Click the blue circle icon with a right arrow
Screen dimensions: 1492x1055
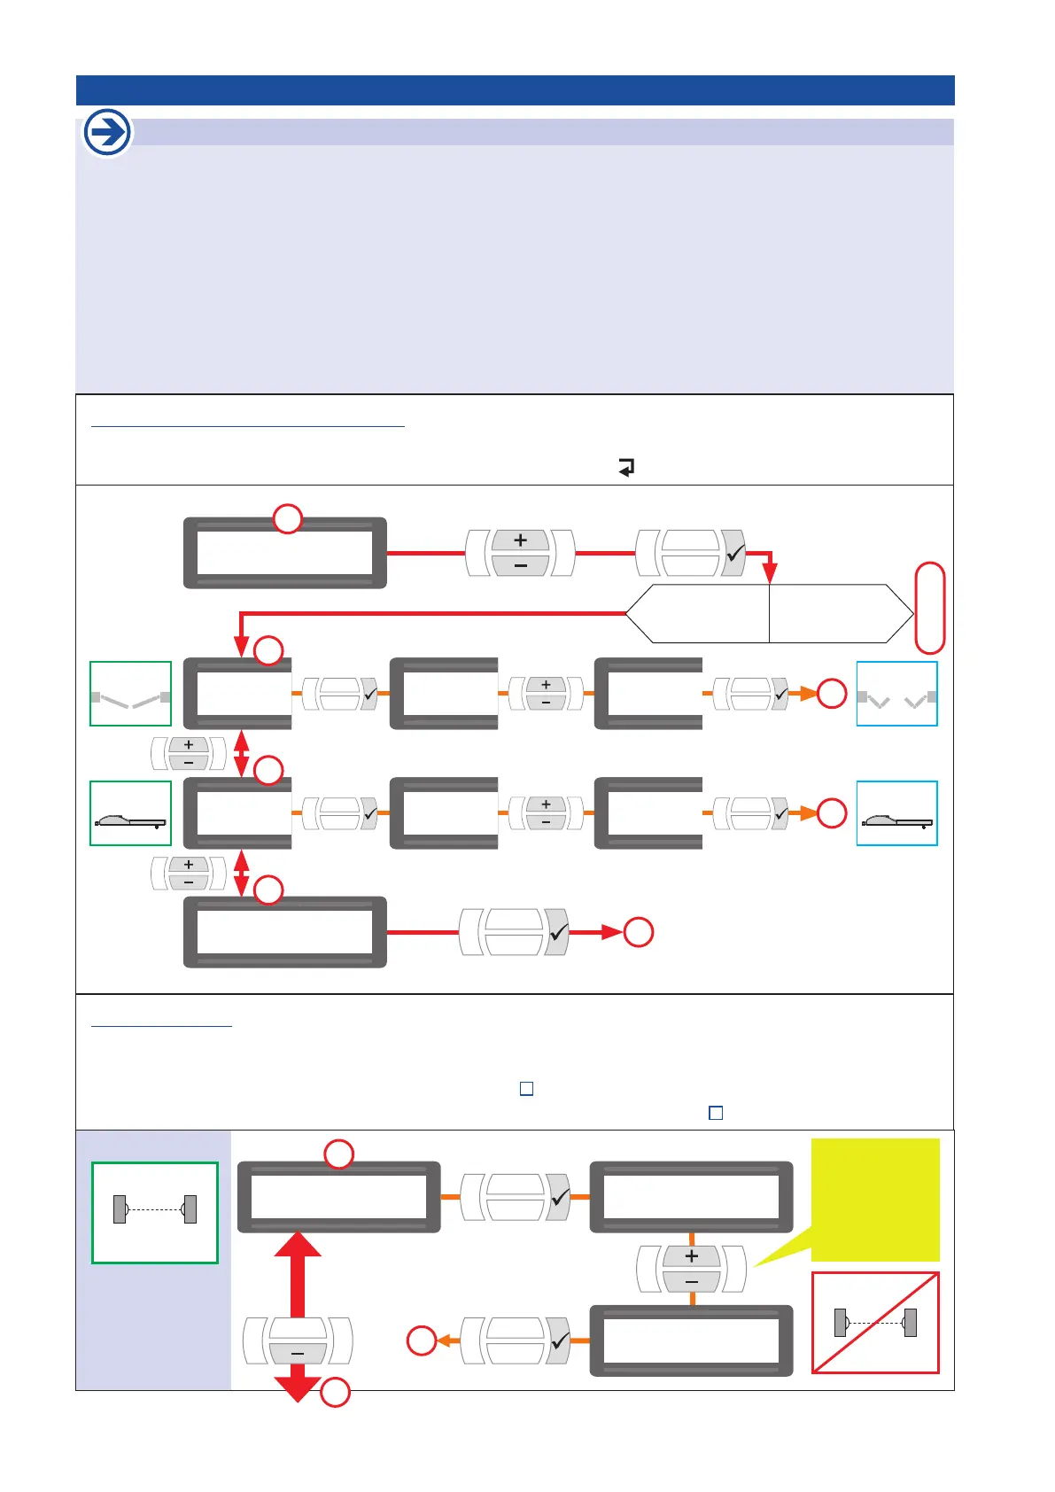107,133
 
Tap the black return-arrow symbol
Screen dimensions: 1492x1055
626,467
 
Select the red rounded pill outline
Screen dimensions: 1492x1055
929,608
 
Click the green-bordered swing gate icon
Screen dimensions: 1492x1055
130,694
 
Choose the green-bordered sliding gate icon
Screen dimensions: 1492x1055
130,813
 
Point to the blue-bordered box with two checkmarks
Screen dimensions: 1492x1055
896,694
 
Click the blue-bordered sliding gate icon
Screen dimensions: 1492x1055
896,813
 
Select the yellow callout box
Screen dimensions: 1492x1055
875,1199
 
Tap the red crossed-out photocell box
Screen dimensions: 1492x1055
875,1323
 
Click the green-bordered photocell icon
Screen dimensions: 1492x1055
155,1212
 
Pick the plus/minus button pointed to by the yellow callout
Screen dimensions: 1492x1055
692,1269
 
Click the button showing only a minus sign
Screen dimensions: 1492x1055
298,1340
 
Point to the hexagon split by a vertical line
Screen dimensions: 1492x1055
769,613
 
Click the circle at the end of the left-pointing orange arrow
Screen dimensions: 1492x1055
422,1340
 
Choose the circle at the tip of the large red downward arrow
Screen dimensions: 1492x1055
335,1393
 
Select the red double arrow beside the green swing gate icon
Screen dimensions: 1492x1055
241,753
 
